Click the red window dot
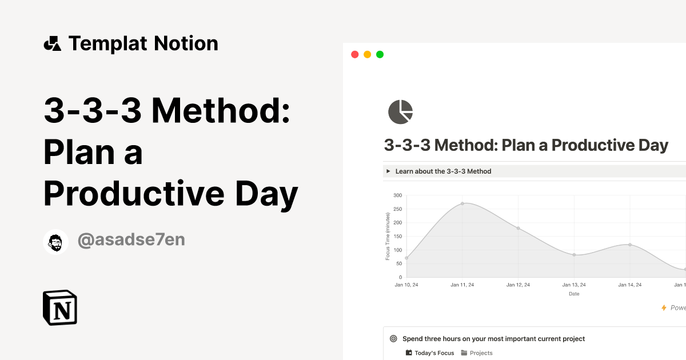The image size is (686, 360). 354,54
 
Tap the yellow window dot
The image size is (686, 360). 367,54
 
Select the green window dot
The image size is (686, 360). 380,54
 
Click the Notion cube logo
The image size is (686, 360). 60,308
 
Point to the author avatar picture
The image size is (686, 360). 56,241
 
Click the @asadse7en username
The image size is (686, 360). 131,240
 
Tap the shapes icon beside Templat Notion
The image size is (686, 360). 53,43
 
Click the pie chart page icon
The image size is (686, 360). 400,111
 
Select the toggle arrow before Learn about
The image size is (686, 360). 389,171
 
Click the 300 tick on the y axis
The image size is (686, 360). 398,195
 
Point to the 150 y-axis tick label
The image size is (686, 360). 398,237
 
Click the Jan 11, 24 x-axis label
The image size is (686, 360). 462,285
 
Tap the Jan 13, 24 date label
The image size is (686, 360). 574,285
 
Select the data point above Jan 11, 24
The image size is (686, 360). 462,203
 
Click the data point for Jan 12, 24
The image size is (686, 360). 518,228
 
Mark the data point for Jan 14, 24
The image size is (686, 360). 630,245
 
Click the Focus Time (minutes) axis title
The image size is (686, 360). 388,236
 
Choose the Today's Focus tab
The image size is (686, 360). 430,353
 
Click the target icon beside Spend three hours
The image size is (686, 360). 393,339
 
